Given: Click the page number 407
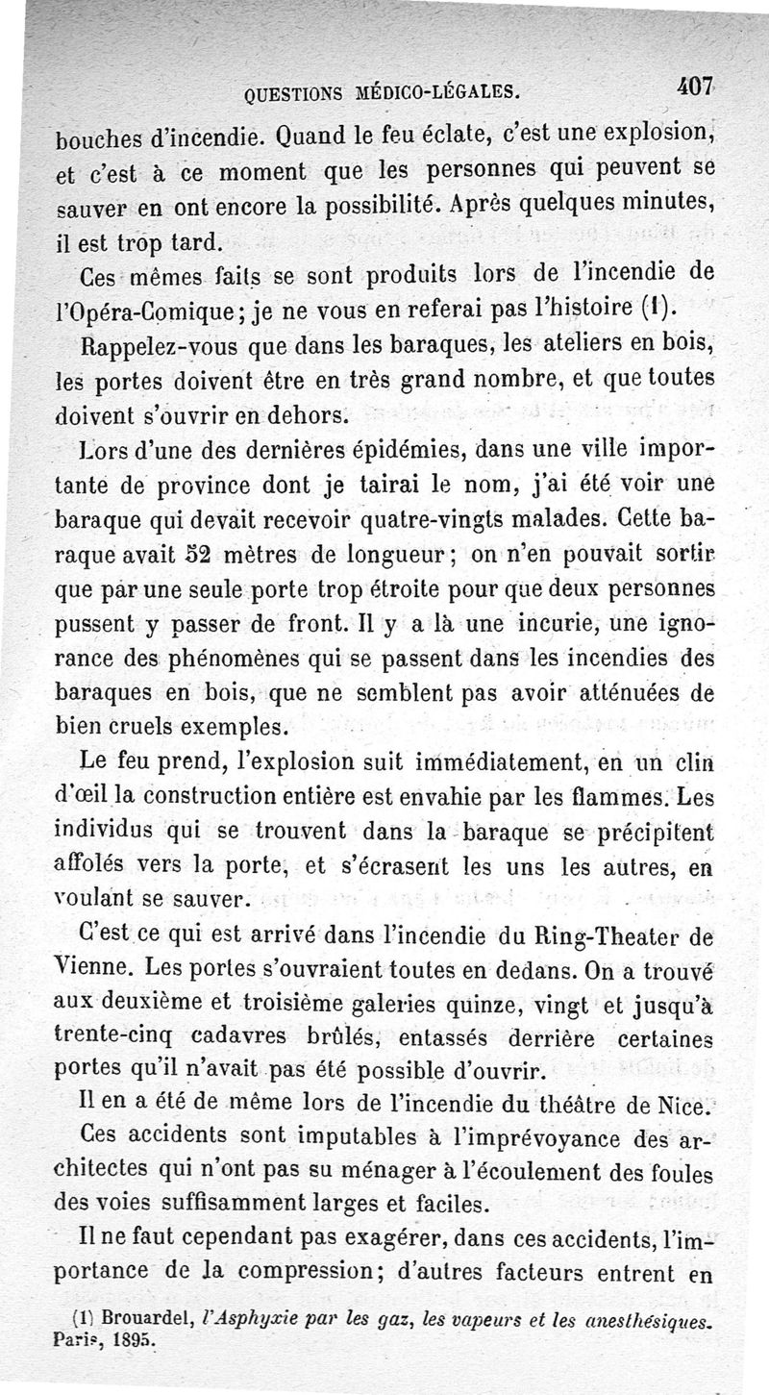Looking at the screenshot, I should [x=693, y=87].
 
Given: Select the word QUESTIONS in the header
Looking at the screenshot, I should [x=299, y=93].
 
